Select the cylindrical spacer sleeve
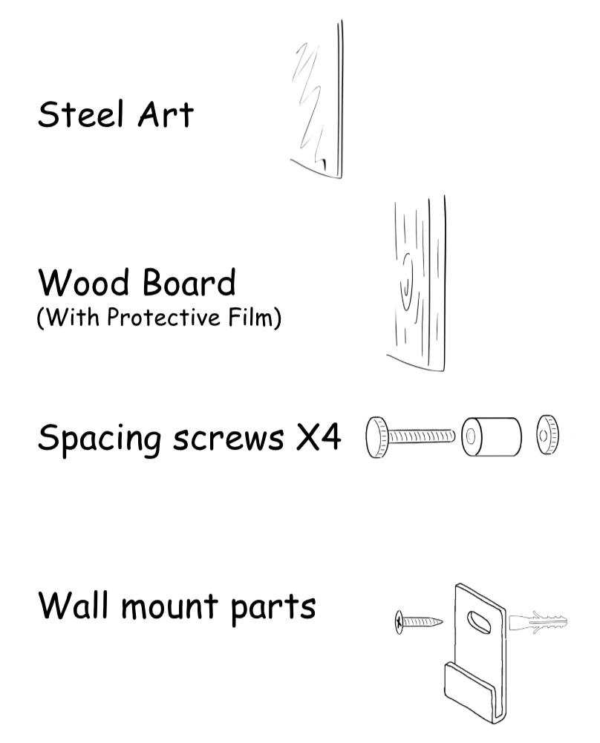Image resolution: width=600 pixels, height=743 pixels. (492, 438)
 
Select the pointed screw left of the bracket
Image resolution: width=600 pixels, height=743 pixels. (420, 622)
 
